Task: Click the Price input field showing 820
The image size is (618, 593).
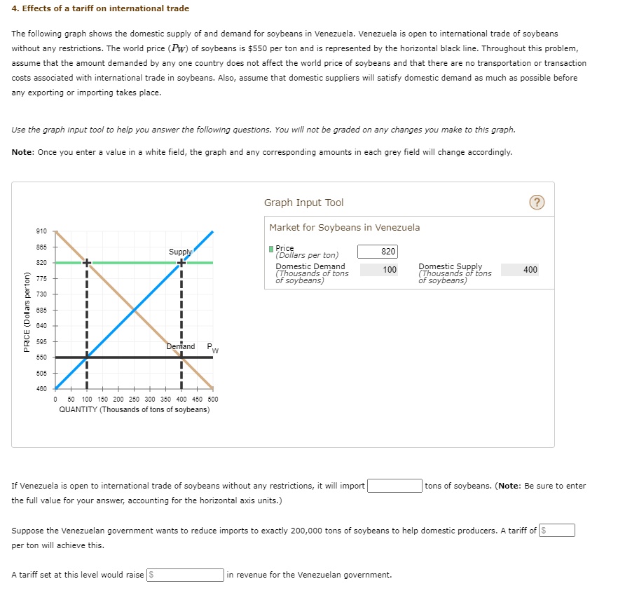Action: (x=378, y=252)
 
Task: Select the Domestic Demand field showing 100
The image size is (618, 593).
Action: (x=378, y=270)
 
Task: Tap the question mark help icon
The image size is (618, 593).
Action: (x=537, y=203)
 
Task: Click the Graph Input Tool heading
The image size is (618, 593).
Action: (x=303, y=203)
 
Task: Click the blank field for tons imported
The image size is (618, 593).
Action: (x=394, y=486)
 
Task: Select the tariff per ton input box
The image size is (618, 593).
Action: (x=557, y=531)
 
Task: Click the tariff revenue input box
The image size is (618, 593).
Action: (x=185, y=575)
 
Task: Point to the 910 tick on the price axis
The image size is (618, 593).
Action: (x=41, y=231)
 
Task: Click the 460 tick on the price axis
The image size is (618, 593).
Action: (x=41, y=388)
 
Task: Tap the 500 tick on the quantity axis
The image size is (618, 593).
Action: (x=213, y=399)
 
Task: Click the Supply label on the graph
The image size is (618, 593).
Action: (x=179, y=251)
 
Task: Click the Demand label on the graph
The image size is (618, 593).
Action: (x=181, y=346)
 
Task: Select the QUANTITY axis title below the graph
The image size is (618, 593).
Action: (x=134, y=409)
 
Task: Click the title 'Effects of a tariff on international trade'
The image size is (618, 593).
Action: (x=100, y=8)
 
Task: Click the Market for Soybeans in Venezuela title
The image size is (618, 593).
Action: (x=345, y=227)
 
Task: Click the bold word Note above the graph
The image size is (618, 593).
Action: (x=23, y=152)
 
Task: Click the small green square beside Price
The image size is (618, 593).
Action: (x=272, y=248)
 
